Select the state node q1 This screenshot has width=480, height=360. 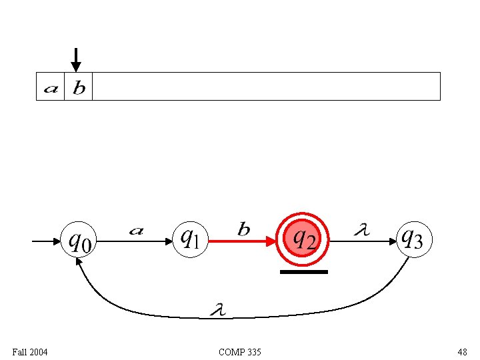pos(191,239)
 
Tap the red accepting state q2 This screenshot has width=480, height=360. pos(304,238)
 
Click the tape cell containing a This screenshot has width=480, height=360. pos(51,87)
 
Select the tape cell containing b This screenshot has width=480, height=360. pos(79,87)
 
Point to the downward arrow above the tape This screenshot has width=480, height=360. pos(76,59)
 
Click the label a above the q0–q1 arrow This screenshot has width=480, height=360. pos(135,231)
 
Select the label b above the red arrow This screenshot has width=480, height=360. pos(244,230)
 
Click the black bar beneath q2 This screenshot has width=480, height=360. pos(304,272)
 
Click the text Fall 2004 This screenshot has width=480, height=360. pos(30,351)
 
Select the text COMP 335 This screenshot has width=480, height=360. pos(240,351)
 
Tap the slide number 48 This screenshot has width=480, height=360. pos(462,351)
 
